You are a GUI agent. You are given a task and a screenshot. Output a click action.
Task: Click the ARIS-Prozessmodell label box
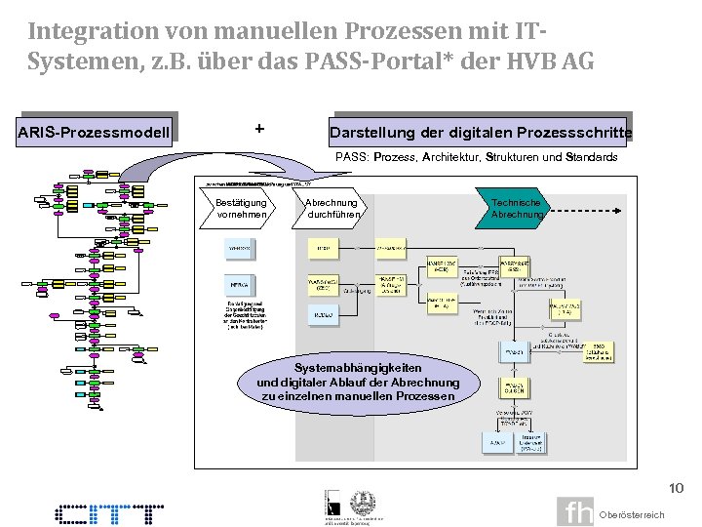pos(95,131)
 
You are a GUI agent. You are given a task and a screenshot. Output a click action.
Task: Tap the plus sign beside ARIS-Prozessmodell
pos(258,128)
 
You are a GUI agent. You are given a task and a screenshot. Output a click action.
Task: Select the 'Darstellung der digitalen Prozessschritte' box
pos(481,132)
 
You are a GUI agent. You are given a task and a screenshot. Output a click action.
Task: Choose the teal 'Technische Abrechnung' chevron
pos(517,208)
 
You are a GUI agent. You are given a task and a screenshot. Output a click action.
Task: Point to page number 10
pos(676,488)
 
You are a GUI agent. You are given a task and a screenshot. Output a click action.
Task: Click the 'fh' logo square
pos(575,512)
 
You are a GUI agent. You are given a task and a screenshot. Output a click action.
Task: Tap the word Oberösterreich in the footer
pos(632,514)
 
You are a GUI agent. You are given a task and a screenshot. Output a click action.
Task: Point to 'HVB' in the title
pos(527,61)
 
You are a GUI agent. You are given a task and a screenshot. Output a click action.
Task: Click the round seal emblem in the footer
pos(363,501)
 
